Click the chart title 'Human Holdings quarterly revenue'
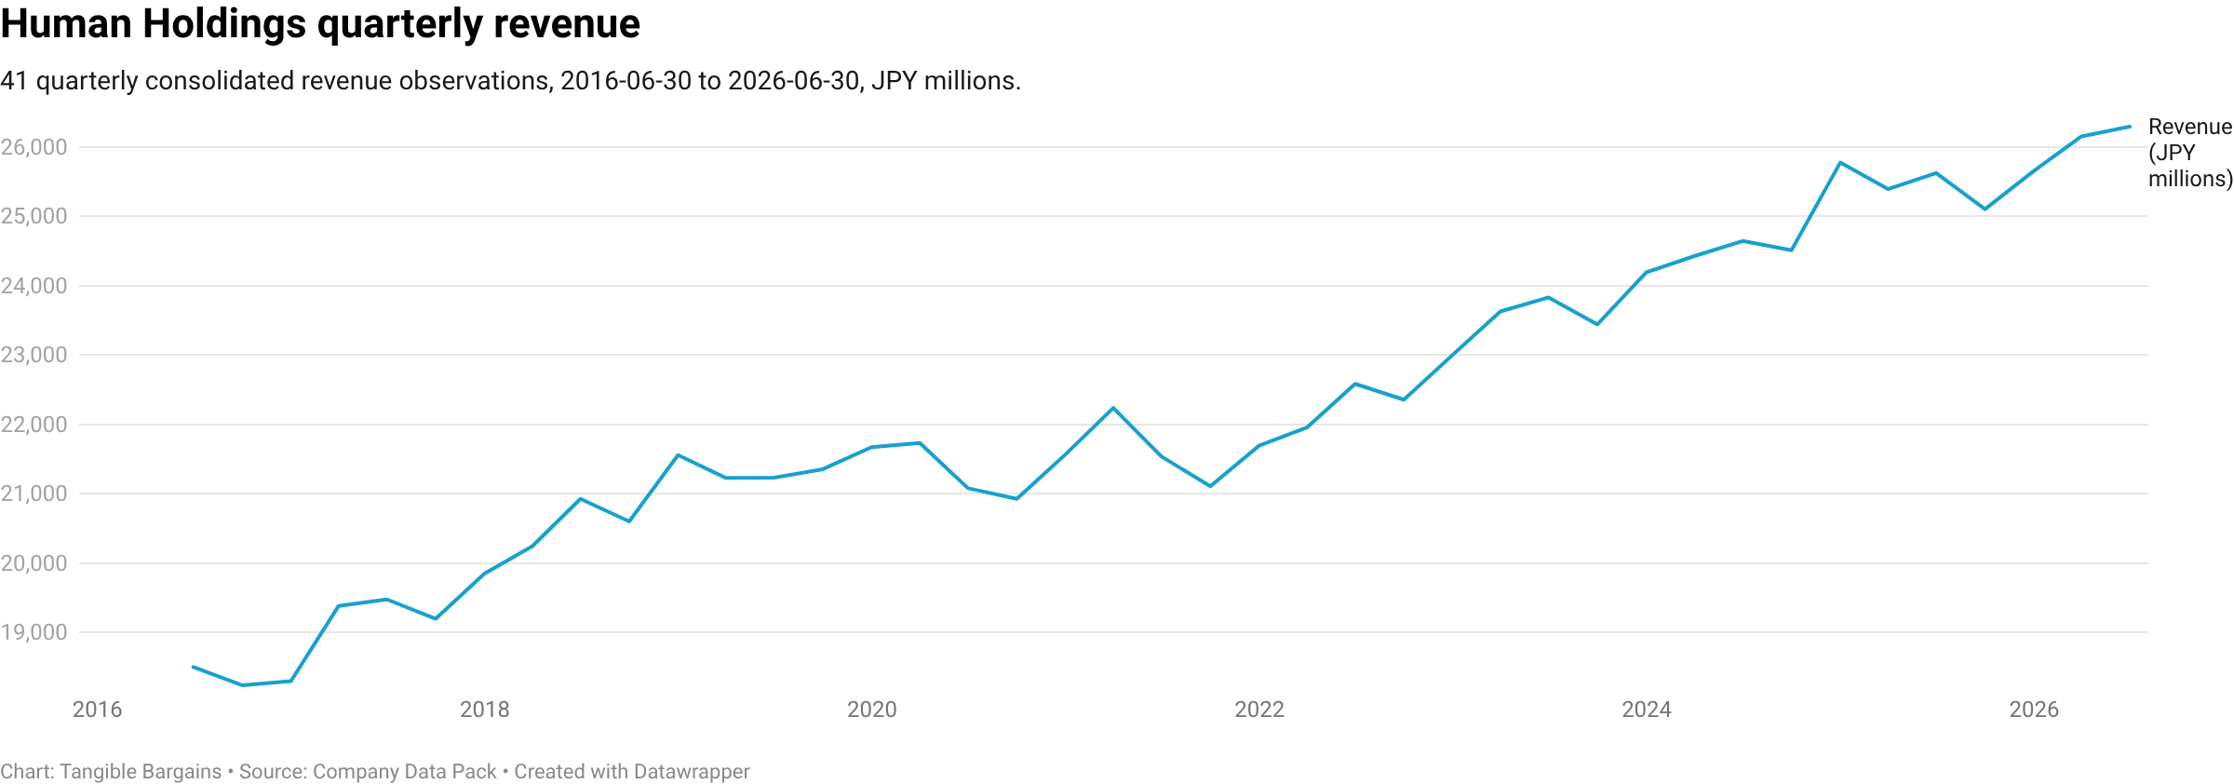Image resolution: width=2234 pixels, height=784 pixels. point(320,25)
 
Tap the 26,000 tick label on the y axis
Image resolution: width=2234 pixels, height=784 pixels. point(34,147)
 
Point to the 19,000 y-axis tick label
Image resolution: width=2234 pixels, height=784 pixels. point(34,632)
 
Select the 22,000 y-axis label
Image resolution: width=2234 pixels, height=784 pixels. point(34,425)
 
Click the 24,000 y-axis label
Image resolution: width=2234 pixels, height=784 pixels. point(34,286)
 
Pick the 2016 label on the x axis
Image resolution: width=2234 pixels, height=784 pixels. point(97,710)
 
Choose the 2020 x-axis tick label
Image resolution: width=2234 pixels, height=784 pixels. point(872,710)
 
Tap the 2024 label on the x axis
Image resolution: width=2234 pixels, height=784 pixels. point(1647,710)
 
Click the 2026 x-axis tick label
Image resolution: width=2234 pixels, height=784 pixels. point(2034,710)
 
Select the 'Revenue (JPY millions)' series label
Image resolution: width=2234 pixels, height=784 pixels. point(2190,153)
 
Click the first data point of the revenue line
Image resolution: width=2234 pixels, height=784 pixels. point(193,667)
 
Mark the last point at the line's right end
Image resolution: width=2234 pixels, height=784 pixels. point(2130,127)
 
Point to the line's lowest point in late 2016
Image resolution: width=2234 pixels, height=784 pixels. point(242,685)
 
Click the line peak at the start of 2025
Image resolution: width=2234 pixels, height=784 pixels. point(1840,163)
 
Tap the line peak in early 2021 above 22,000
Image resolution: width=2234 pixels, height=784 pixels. point(1113,408)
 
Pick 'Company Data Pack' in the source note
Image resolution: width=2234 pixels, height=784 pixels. point(405,772)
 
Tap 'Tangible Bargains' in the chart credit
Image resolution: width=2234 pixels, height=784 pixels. point(141,772)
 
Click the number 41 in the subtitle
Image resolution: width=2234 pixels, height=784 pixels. point(14,81)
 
